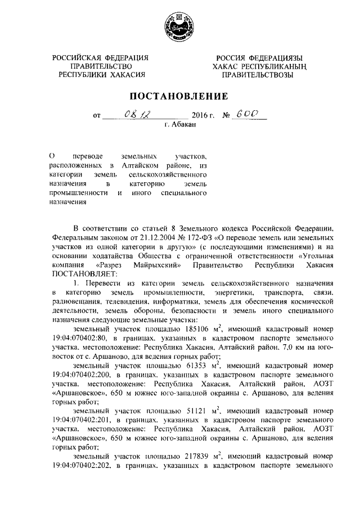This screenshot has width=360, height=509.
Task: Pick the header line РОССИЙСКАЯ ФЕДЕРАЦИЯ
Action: (x=101, y=58)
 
